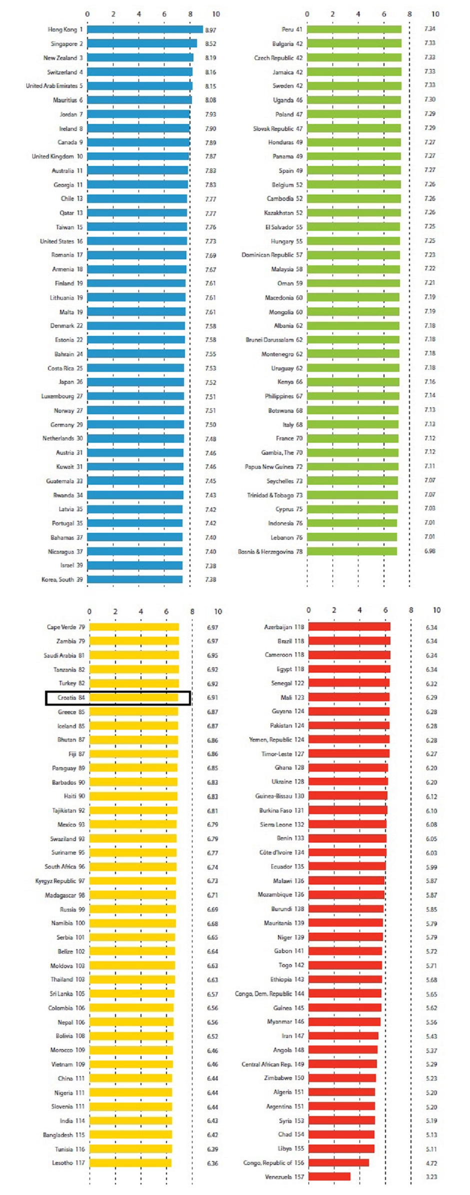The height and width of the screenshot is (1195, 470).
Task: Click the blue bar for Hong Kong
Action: (145, 29)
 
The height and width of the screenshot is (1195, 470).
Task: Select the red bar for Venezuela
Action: (329, 1177)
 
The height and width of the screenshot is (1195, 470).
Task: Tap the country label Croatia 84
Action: (71, 698)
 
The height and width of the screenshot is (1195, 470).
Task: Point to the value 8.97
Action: (210, 30)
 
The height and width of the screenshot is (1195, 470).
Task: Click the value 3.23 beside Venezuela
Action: (431, 1177)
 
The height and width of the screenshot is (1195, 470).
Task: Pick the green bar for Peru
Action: (354, 29)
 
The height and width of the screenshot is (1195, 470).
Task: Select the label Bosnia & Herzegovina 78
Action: (270, 552)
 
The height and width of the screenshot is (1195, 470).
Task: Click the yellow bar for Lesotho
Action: (130, 1163)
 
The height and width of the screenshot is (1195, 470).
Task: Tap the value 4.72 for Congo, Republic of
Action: (431, 1163)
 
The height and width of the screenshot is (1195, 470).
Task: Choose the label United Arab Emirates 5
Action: (54, 86)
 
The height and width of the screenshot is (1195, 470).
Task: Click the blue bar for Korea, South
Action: (135, 580)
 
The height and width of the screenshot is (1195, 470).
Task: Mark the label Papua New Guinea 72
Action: (273, 467)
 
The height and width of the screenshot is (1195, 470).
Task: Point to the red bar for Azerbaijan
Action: (349, 627)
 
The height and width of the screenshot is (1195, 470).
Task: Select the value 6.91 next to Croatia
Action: (212, 698)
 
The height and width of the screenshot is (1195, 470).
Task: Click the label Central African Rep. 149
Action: (272, 1064)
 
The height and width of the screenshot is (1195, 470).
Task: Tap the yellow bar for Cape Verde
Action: (134, 627)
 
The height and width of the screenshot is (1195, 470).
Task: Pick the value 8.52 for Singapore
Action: (210, 44)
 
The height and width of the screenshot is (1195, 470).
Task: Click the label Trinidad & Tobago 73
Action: (274, 495)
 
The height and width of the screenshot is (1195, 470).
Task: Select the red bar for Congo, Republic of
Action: (338, 1163)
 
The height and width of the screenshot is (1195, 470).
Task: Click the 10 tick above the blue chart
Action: (216, 14)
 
